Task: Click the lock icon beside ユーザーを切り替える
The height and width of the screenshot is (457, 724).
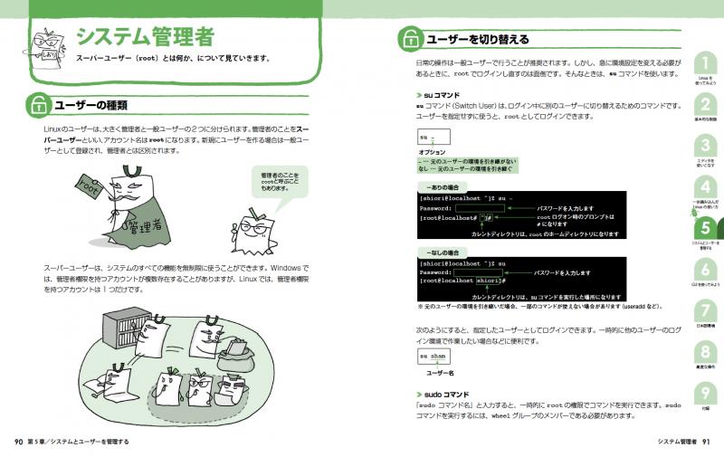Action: pyautogui.click(x=410, y=40)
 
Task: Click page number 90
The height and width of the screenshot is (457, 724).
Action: pyautogui.click(x=17, y=442)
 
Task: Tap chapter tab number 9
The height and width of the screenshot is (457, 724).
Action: pyautogui.click(x=704, y=395)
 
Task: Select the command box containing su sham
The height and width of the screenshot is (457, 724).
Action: pyautogui.click(x=433, y=357)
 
